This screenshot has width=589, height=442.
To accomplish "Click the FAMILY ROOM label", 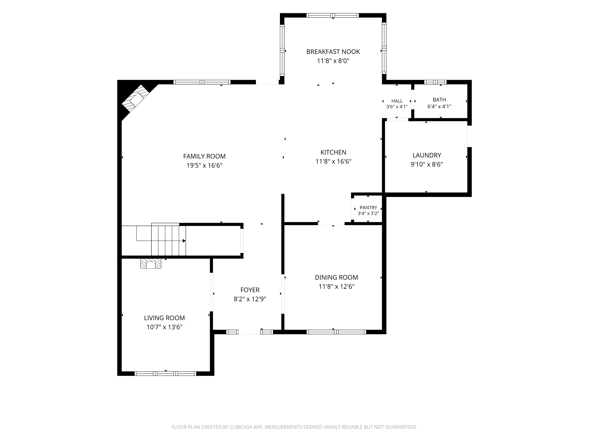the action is tap(204, 156).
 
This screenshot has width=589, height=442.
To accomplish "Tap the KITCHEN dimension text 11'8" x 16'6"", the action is tap(333, 161).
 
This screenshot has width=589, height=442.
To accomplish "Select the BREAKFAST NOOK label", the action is tap(333, 52).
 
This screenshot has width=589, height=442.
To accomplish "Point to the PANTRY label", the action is tap(368, 208).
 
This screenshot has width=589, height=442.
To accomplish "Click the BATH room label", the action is tap(439, 100).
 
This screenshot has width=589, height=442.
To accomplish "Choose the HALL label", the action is tap(397, 101).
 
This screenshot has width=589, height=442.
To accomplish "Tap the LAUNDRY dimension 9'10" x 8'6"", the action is tap(427, 164).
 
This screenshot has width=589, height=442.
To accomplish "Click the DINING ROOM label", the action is tap(337, 277).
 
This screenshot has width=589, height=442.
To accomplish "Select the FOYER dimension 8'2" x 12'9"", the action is tap(250, 299).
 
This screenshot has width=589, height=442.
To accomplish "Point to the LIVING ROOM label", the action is tap(164, 318).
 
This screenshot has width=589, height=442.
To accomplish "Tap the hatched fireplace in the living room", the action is tap(151, 263).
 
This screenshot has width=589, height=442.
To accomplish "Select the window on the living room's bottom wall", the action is tap(165, 373).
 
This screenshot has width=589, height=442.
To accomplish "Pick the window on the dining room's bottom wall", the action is tap(336, 332).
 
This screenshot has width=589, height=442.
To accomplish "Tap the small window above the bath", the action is tap(435, 82).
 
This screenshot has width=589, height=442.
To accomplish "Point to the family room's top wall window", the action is tap(202, 82).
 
